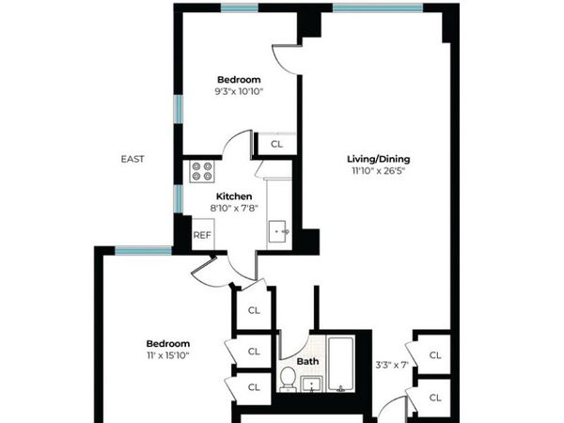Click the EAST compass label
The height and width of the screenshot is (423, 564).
(x=133, y=159)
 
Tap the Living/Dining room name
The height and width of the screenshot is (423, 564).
(x=381, y=159)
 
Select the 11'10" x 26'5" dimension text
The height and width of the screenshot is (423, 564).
(x=381, y=171)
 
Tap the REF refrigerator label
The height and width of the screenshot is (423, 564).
(x=201, y=235)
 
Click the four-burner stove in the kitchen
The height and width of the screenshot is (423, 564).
(x=201, y=171)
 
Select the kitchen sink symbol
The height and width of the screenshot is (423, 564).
(x=280, y=229)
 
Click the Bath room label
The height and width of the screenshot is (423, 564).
(x=306, y=361)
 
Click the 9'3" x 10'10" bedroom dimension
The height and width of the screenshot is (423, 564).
(x=239, y=91)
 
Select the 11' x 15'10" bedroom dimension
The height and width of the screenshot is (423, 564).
(x=168, y=355)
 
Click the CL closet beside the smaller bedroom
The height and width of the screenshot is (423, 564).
(x=276, y=145)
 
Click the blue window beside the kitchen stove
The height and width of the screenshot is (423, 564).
(x=177, y=197)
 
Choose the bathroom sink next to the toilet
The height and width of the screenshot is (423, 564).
(x=313, y=383)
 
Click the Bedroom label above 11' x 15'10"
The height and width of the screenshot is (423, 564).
(x=168, y=343)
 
